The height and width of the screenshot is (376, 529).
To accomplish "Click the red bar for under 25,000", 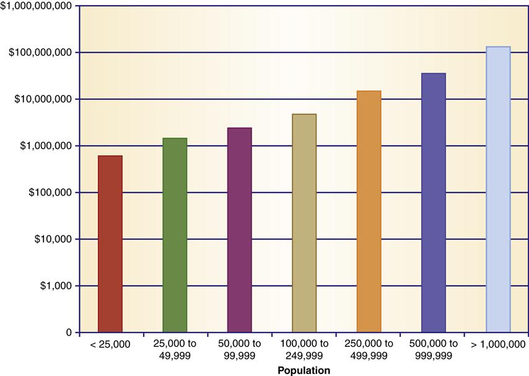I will click(110, 244).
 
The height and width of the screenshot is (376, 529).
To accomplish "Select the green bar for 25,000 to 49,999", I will click(175, 235).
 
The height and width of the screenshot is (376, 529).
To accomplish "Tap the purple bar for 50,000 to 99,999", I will click(239, 230).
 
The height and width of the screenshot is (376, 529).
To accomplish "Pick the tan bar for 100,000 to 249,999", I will click(304, 224).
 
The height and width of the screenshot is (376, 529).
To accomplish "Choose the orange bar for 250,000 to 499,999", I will click(369, 212).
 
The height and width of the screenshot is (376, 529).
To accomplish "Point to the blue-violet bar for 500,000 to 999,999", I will click(434, 203).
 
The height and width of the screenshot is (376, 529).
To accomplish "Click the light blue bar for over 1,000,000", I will click(498, 190).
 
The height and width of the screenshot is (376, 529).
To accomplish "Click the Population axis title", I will click(304, 370).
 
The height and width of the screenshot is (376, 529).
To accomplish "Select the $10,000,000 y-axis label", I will click(40, 99).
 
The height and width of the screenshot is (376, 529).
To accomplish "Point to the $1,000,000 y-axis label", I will click(43, 146).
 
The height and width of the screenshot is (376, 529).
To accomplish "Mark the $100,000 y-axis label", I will click(45, 193).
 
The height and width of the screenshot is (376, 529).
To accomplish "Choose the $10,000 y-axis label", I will click(48, 239).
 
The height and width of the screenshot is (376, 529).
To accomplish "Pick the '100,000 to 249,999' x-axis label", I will click(304, 350).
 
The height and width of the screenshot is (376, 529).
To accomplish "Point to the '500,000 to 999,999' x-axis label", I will click(434, 350).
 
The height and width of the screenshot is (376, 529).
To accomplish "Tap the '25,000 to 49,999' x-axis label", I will click(175, 350).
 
